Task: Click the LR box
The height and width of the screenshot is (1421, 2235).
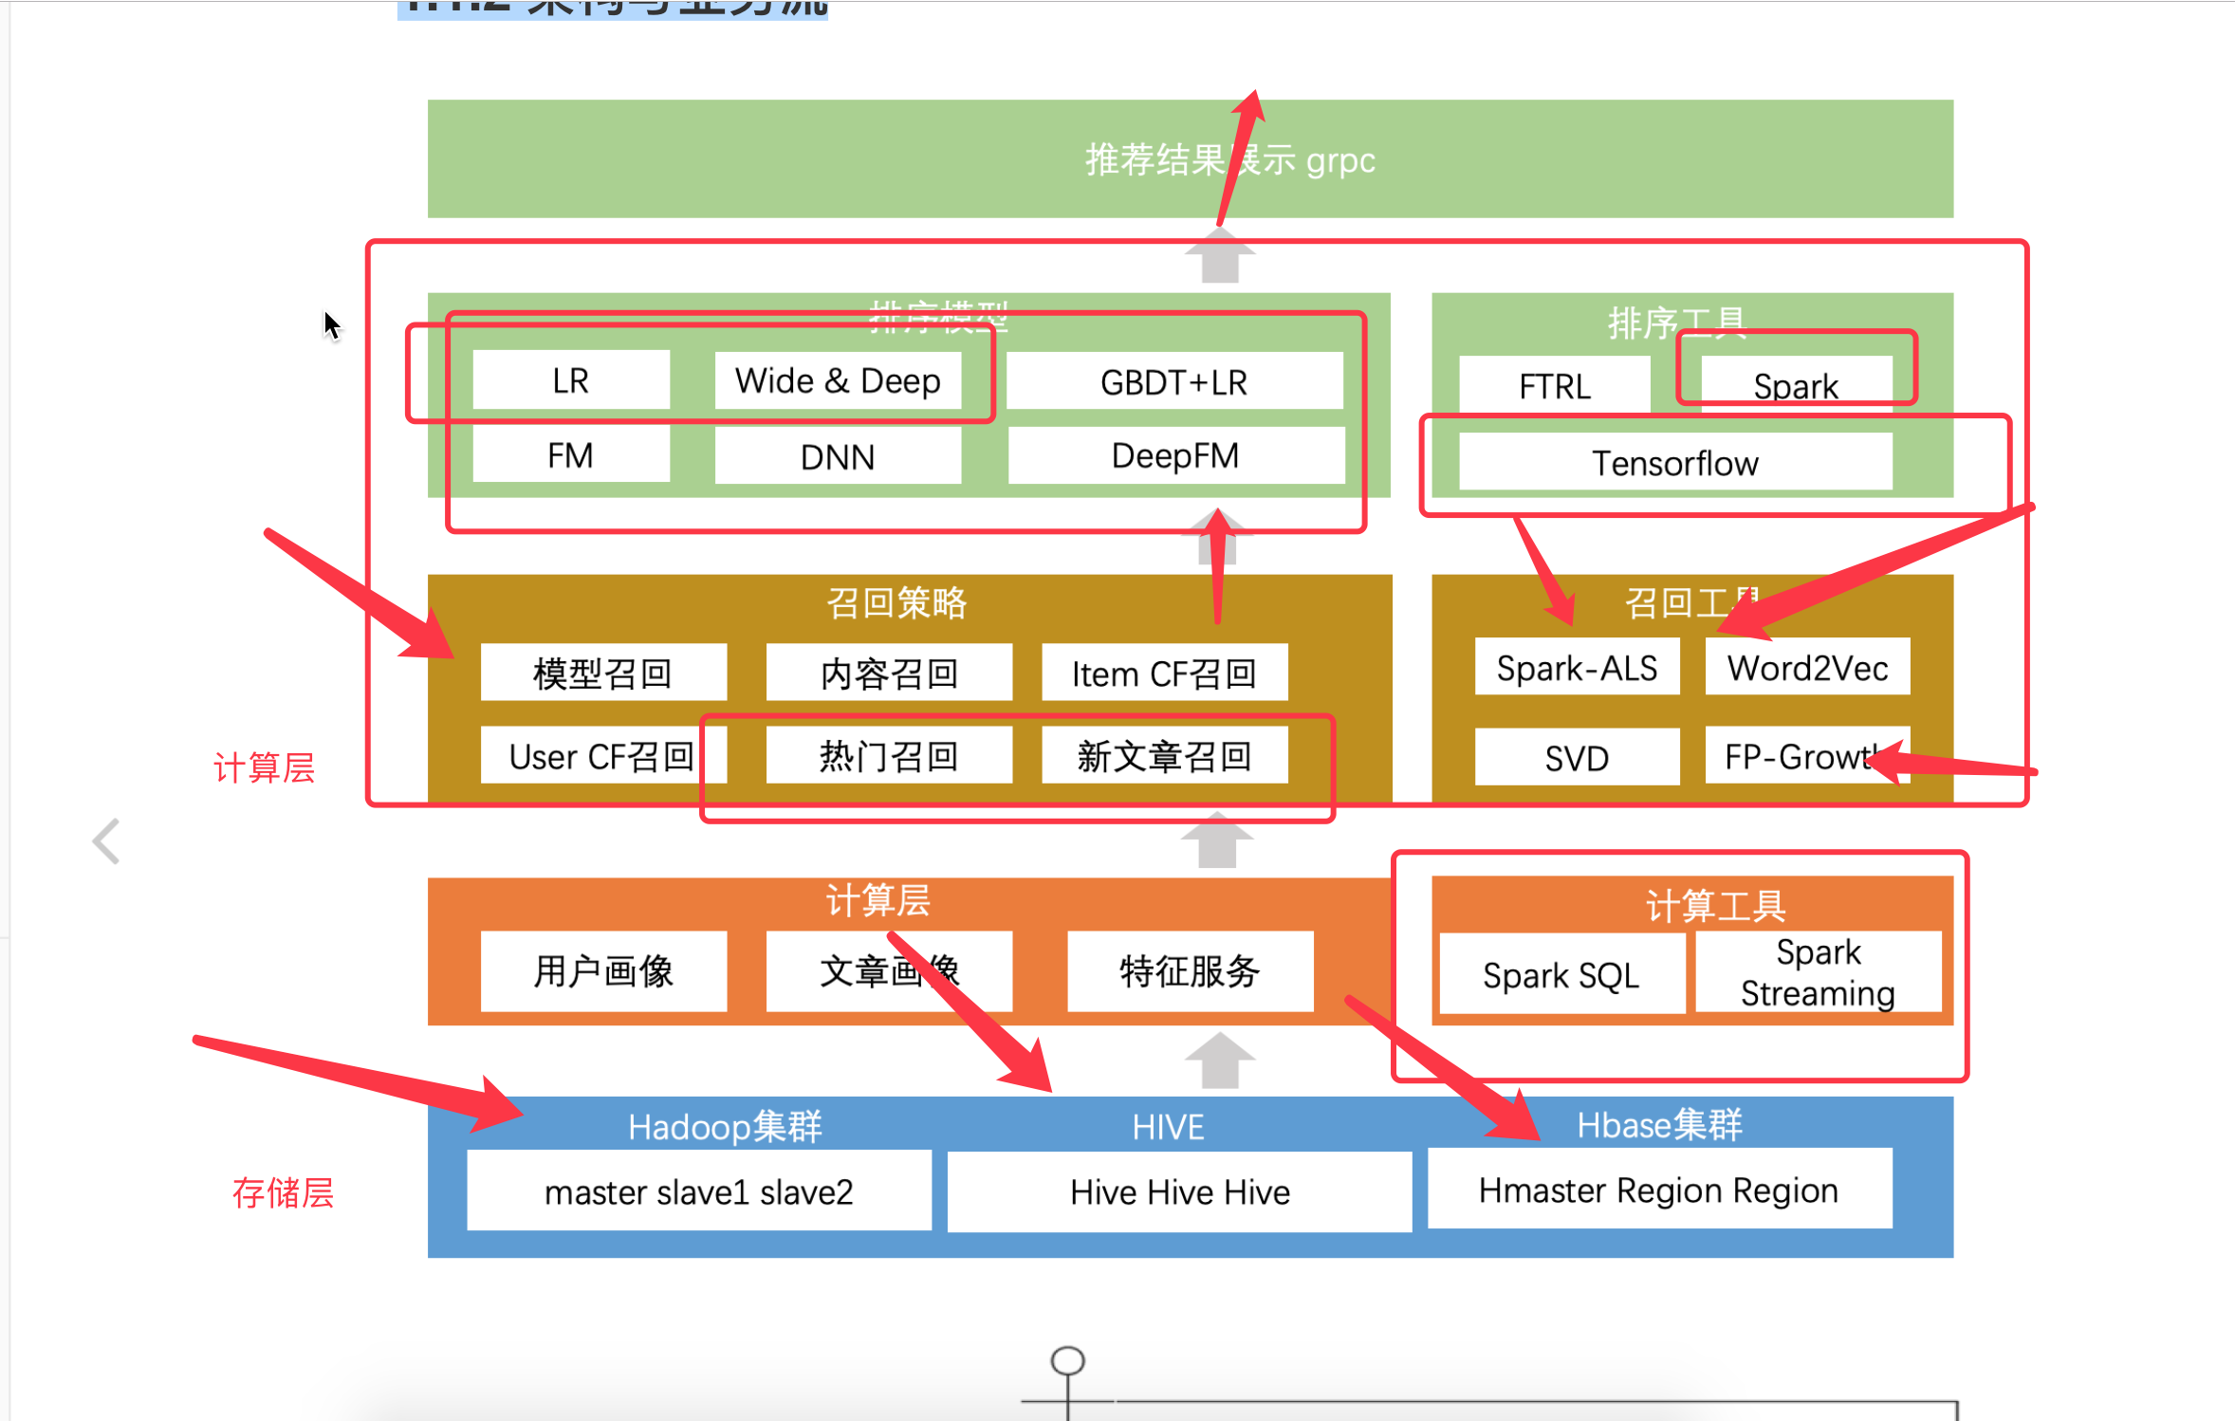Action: click(x=570, y=380)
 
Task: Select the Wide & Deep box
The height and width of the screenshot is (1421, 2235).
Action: click(x=837, y=380)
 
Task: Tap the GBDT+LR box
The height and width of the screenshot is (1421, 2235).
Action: click(x=1173, y=381)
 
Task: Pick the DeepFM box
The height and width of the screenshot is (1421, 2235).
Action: click(x=1175, y=455)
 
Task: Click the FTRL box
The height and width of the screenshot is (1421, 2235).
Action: click(x=1554, y=385)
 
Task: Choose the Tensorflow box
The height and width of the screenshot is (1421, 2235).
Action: click(x=1674, y=463)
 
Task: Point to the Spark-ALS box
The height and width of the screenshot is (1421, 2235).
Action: click(x=1576, y=668)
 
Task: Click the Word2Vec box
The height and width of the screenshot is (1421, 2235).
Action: click(x=1807, y=668)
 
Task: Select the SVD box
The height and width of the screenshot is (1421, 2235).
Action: click(x=1576, y=757)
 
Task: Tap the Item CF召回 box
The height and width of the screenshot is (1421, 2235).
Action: click(x=1164, y=673)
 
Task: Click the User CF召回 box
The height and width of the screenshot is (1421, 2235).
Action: click(x=601, y=756)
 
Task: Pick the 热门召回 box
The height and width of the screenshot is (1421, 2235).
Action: click(x=888, y=756)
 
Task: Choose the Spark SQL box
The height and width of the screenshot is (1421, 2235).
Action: click(x=1561, y=974)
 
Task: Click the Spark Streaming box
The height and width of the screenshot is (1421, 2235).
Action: click(x=1818, y=972)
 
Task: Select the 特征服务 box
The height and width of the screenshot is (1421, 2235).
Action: click(x=1190, y=971)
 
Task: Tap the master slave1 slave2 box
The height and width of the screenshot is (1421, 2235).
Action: click(x=698, y=1191)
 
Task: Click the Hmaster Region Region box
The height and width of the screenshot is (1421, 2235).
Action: click(x=1658, y=1190)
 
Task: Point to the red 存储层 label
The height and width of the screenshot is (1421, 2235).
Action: click(x=283, y=1192)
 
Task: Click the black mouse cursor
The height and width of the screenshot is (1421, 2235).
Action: click(x=331, y=325)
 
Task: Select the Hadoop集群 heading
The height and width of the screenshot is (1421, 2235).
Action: click(x=725, y=1126)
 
